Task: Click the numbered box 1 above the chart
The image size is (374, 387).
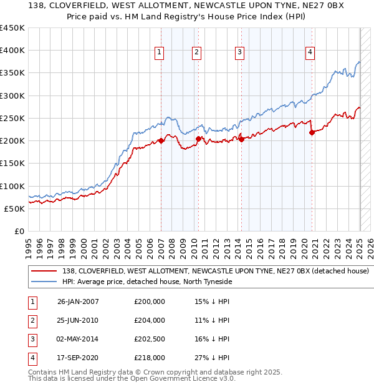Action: point(160,53)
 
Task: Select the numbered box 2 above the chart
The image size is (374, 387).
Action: point(196,53)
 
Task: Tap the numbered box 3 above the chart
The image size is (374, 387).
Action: point(239,53)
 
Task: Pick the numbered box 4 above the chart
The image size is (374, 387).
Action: point(310,53)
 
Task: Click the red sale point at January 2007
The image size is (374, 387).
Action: point(161,140)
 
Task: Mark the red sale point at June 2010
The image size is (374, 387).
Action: point(198,139)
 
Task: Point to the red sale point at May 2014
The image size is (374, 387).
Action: point(241,139)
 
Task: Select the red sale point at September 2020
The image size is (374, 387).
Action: point(312,132)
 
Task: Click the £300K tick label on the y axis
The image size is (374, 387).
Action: point(12,96)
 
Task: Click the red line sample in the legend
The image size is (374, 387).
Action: point(44,272)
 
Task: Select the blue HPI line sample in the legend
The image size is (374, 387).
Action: point(44,282)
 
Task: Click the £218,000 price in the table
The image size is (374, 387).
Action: point(150,358)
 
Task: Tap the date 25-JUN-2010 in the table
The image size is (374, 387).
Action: point(78,320)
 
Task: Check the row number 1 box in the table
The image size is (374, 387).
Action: point(31,301)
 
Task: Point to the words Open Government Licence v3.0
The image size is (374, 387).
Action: point(187,378)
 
